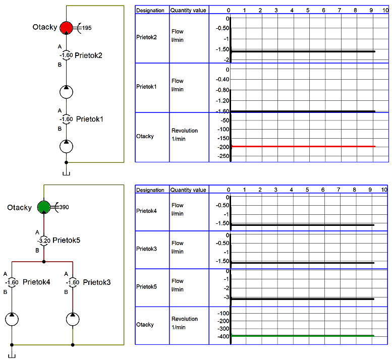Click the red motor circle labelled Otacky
(66, 28)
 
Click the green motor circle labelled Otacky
(44, 207)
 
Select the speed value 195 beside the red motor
(87, 28)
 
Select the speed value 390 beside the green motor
(64, 207)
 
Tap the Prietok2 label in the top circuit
(88, 55)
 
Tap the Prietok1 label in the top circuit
(89, 119)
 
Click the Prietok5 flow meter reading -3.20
(44, 241)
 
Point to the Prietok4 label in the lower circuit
(36, 282)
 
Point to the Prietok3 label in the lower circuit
(97, 282)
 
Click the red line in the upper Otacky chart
(303, 146)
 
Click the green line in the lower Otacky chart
(303, 336)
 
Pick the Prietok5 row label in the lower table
(146, 287)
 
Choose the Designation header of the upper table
(150, 11)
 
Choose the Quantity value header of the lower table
(188, 190)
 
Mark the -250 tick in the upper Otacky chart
(223, 156)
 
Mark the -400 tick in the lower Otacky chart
(223, 336)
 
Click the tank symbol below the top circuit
(66, 173)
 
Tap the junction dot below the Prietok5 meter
(44, 262)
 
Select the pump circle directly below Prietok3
(73, 319)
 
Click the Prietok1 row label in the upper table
(146, 87)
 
